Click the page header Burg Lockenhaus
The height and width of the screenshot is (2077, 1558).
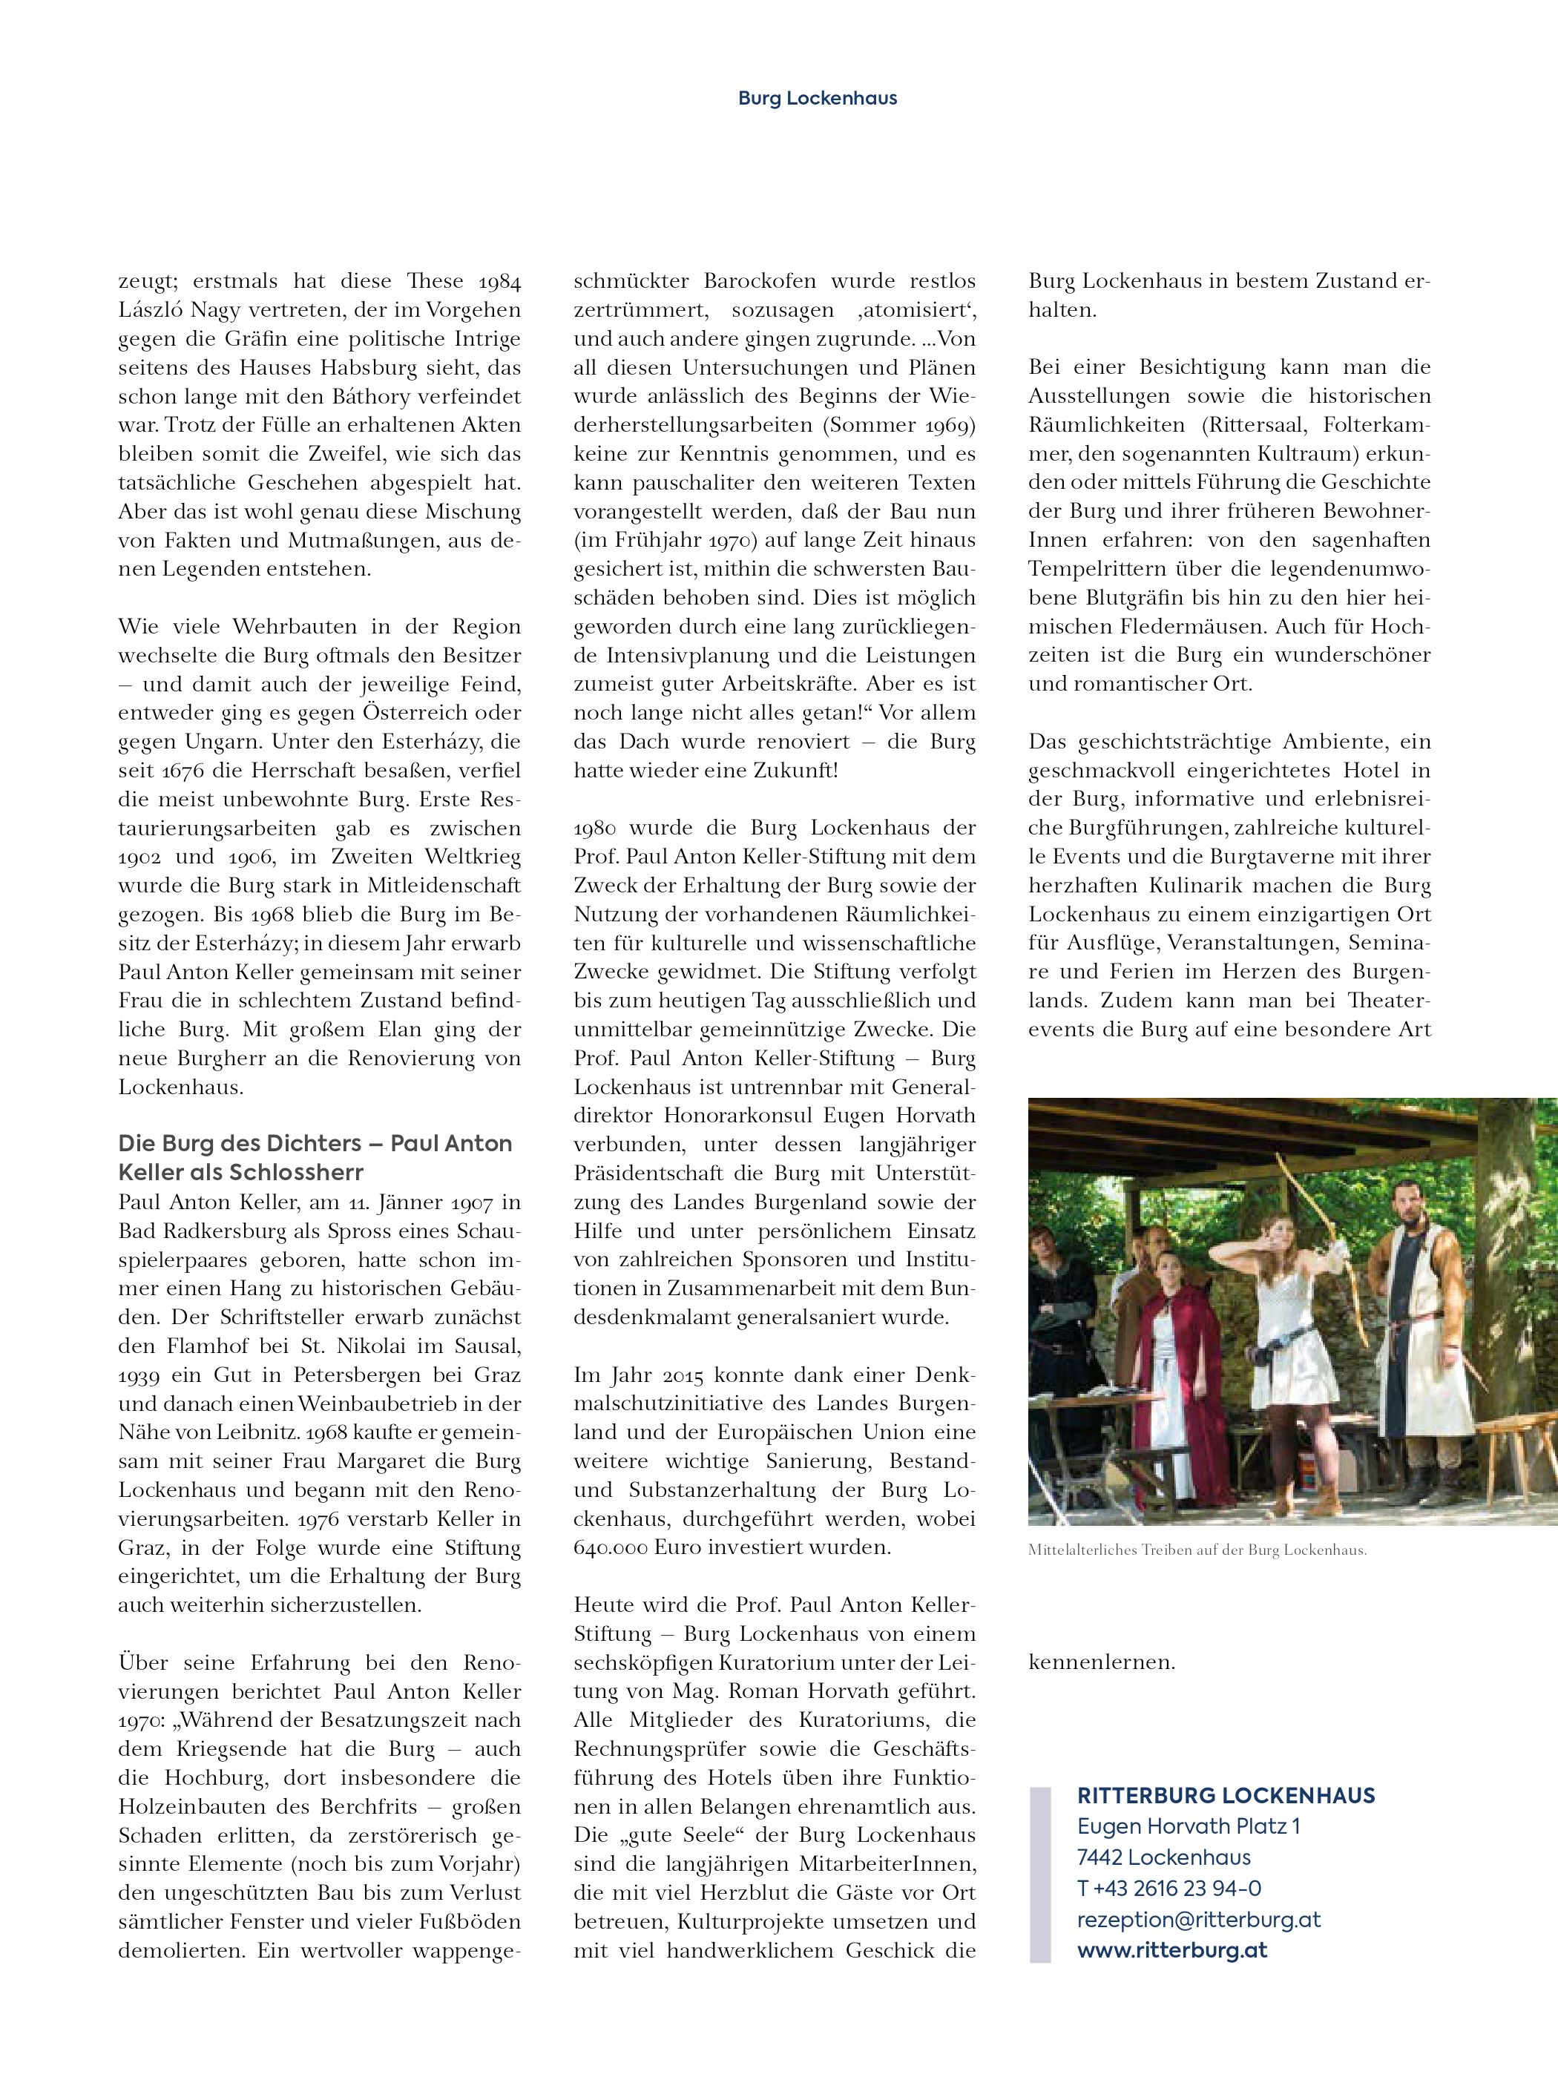816,98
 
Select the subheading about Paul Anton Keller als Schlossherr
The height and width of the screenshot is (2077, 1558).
315,1158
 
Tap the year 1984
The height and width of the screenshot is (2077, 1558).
499,280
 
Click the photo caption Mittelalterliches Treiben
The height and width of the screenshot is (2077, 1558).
1197,1550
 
